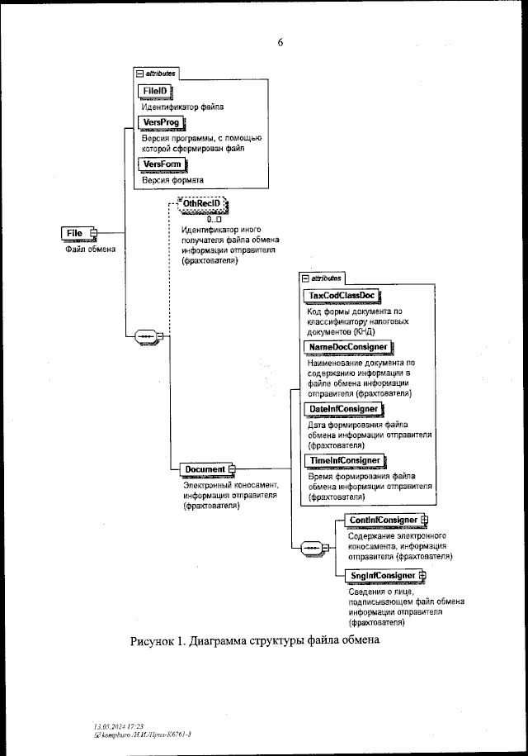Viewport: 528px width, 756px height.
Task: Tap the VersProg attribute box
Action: (162, 122)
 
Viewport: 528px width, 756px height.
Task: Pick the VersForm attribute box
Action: (163, 164)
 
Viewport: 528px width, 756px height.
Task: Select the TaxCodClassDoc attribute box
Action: (345, 295)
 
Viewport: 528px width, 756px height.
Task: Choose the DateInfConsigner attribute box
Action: (345, 409)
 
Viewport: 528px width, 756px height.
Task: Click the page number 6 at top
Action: (280, 42)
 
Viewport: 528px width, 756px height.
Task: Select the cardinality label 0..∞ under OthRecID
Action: (216, 219)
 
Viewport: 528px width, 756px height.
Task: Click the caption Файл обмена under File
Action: (90, 248)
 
